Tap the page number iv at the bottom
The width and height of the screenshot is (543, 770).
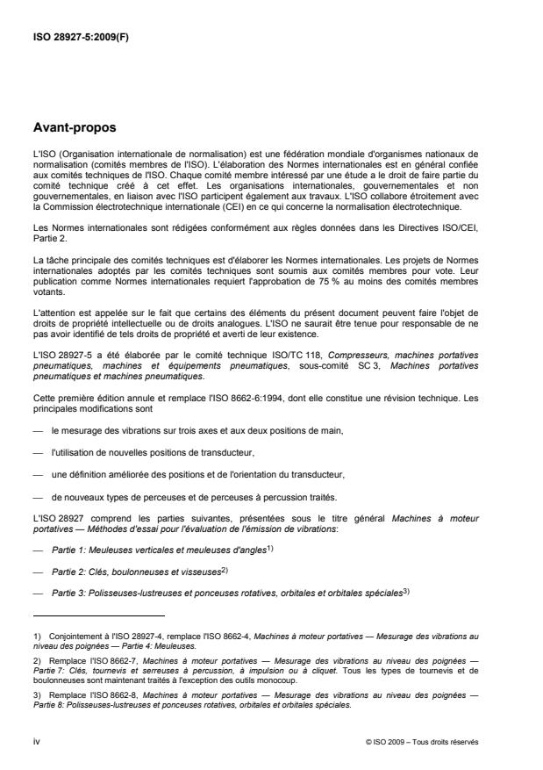pyautogui.click(x=36, y=741)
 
